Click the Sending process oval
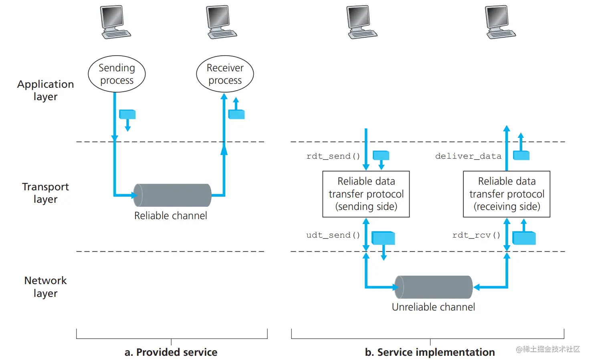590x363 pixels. click(117, 74)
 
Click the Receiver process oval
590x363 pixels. click(225, 74)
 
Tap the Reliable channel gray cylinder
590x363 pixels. click(172, 195)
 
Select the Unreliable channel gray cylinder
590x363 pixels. click(434, 287)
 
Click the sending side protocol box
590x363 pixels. click(366, 194)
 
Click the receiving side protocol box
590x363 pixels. click(507, 194)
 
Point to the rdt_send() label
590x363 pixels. click(333, 156)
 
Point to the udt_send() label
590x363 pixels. click(333, 235)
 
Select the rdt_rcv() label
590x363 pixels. click(476, 235)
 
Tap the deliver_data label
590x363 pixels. click(468, 156)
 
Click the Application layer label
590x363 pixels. click(45, 90)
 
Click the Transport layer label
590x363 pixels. click(45, 193)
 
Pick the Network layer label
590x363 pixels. click(45, 286)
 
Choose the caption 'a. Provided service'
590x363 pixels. click(171, 352)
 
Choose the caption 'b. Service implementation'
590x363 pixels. click(430, 352)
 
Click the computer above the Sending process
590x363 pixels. click(115, 22)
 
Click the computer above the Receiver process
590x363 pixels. click(221, 22)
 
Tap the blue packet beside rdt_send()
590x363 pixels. click(381, 155)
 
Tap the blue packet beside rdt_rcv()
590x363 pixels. click(524, 238)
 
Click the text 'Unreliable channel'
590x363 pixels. click(433, 307)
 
